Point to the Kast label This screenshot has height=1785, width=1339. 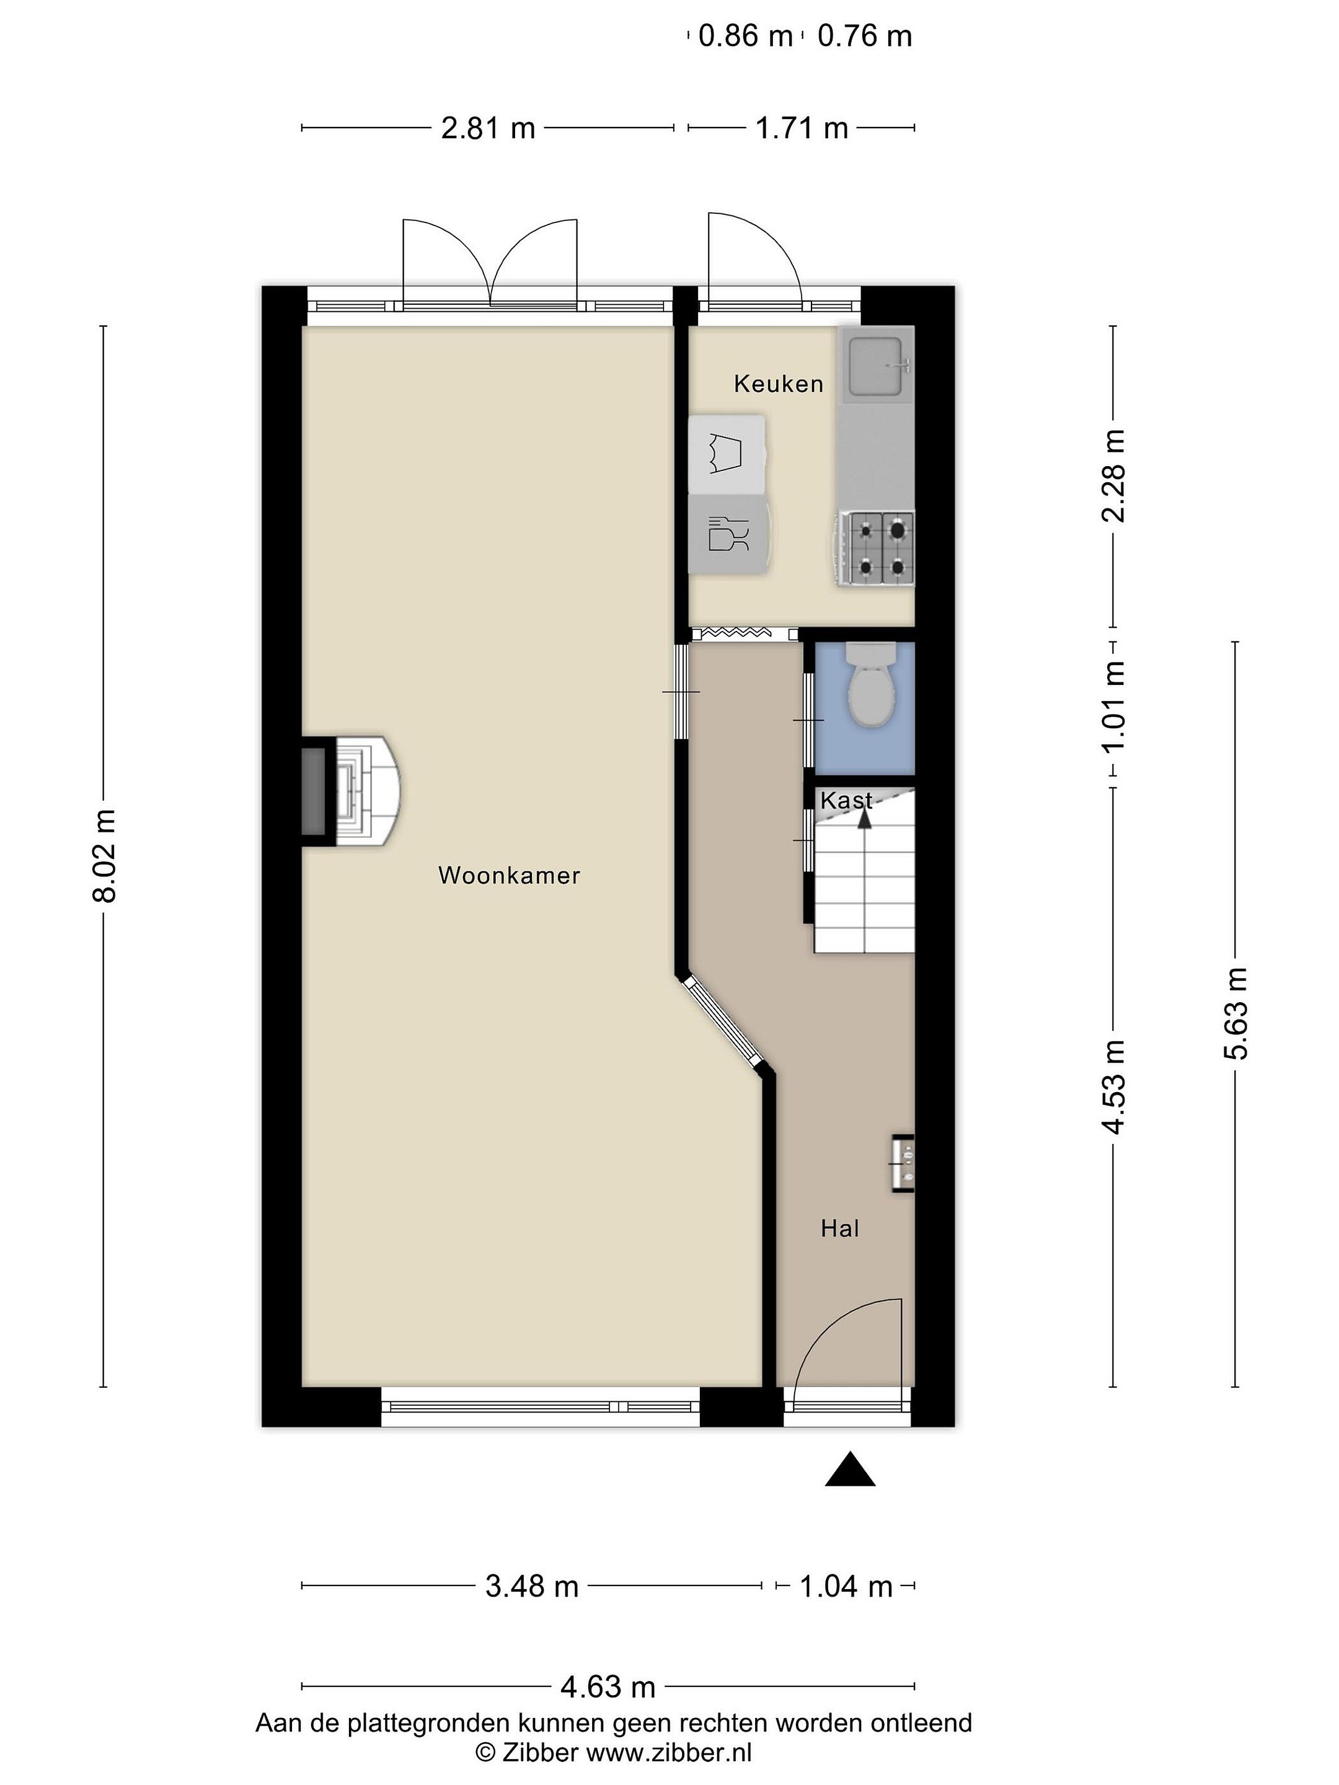846,801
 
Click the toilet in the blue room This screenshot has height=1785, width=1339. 870,684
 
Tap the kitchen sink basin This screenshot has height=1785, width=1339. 876,367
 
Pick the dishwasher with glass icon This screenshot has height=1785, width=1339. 729,534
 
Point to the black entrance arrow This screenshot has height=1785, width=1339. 850,1469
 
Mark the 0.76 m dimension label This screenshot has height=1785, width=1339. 864,37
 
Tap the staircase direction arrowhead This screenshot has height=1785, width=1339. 864,818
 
